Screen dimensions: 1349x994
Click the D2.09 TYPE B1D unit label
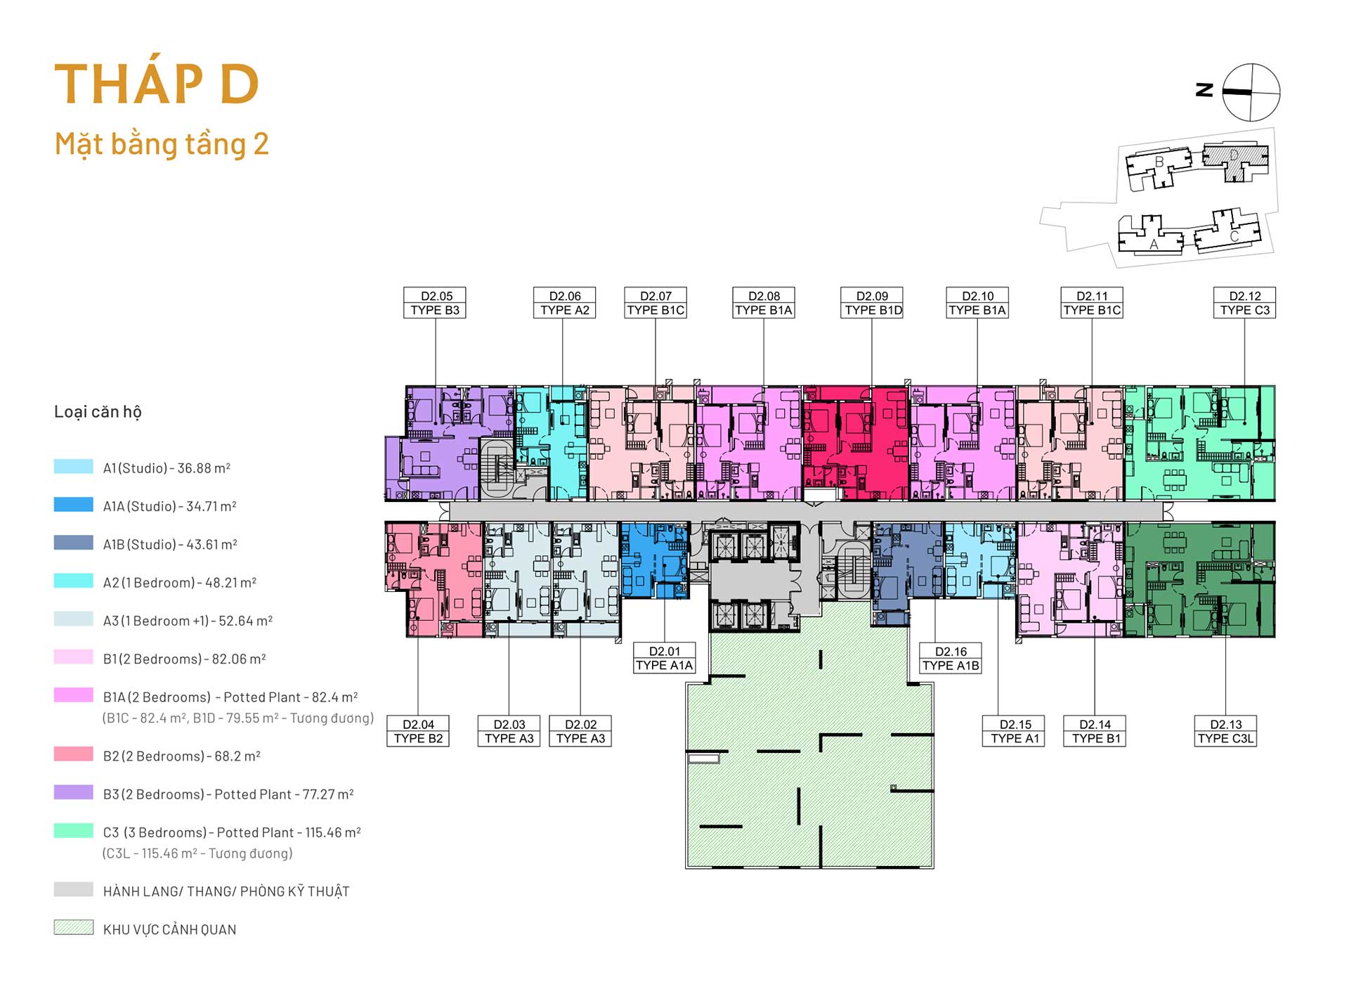[873, 303]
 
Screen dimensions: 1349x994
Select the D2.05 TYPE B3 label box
[436, 303]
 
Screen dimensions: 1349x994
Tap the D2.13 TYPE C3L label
[1225, 731]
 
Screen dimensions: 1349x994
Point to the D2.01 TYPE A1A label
[664, 658]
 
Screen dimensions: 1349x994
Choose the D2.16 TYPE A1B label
[951, 658]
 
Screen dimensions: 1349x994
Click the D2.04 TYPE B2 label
[418, 731]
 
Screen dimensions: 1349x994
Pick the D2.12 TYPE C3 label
[1244, 303]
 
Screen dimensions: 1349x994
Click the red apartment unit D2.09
[856, 442]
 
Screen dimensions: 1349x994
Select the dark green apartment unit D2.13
[1200, 579]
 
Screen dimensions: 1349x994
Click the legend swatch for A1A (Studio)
[74, 505]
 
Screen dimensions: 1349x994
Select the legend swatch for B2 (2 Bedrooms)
[74, 754]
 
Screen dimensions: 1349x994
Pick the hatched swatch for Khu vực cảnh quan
[74, 928]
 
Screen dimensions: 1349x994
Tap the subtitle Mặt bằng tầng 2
[162, 145]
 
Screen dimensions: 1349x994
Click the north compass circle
[1251, 92]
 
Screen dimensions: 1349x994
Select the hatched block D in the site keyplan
[1234, 160]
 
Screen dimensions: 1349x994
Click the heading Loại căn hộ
[98, 412]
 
